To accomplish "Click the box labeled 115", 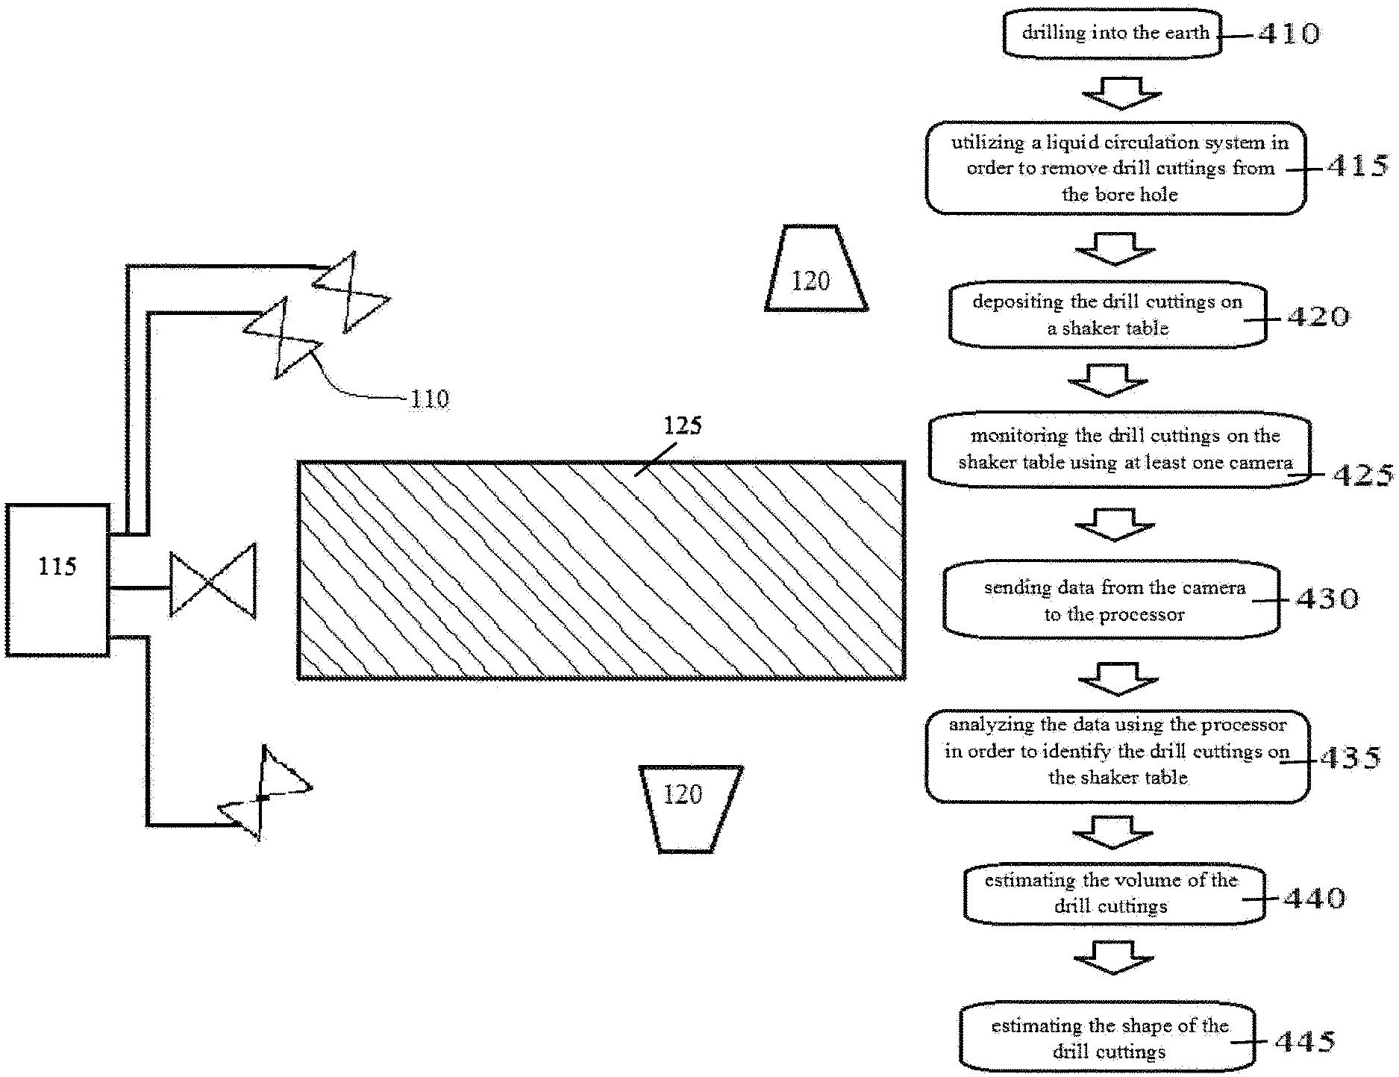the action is click(57, 580).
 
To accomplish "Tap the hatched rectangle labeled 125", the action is click(601, 570).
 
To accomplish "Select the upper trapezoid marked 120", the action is click(816, 268).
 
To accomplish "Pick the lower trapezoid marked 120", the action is click(690, 808).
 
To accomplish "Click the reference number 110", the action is click(430, 399).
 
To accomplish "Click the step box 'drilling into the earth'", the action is click(1112, 33).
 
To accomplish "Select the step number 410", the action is click(1289, 33).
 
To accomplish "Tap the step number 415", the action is click(1357, 166).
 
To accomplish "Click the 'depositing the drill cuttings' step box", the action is click(1107, 315).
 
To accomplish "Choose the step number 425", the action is click(1362, 475).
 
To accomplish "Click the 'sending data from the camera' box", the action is click(1112, 600).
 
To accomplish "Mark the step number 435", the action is click(1350, 758).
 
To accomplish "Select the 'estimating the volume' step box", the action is click(1114, 894).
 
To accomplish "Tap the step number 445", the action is click(1305, 1041).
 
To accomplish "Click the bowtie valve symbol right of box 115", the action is click(213, 581).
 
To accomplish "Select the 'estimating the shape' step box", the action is click(1107, 1038).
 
